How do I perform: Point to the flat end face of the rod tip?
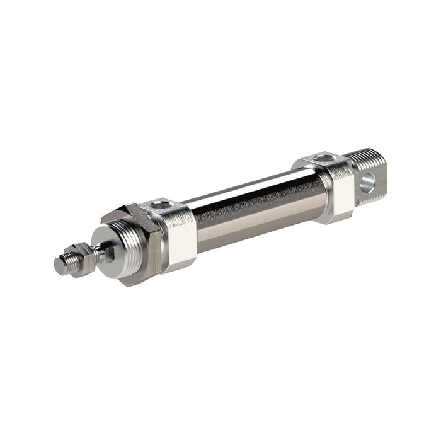click(x=57, y=266)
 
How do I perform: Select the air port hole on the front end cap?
click(x=161, y=204)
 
